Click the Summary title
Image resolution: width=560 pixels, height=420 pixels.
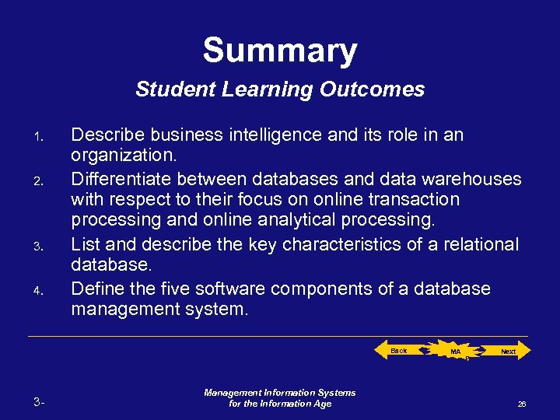[x=280, y=51]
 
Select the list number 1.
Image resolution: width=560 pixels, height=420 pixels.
[x=37, y=139]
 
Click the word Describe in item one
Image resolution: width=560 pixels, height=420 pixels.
[x=104, y=135]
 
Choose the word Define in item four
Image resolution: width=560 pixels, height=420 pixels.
[x=96, y=289]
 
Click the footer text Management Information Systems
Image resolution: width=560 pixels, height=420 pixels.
[x=280, y=393]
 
